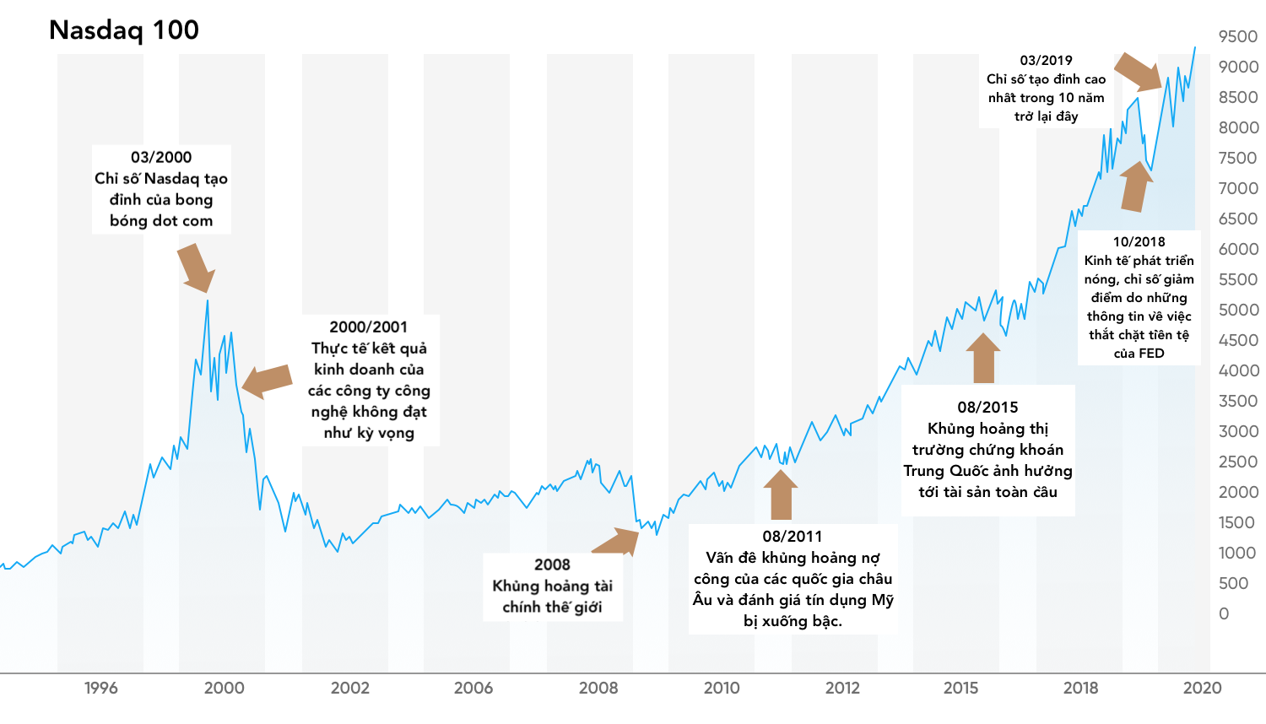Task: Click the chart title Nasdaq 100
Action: pos(124,30)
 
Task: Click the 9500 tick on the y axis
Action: pos(1238,36)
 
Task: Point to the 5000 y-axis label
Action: pos(1238,310)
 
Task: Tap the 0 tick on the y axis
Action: pos(1224,613)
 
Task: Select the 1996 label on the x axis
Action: pos(101,688)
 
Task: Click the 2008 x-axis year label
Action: pos(598,688)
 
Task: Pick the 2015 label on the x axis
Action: pos(960,688)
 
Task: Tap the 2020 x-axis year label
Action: pos(1202,688)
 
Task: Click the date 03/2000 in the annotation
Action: pos(161,157)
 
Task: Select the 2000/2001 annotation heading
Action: pos(369,327)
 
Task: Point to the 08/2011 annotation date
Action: pos(792,536)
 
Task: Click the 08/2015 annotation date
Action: pos(987,407)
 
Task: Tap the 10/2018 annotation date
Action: pos(1139,241)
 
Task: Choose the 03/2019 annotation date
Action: pos(1046,60)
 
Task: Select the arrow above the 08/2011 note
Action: pos(780,494)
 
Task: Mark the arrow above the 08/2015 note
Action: pos(983,358)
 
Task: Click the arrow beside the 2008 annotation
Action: pos(618,541)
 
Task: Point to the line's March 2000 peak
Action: pos(208,300)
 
